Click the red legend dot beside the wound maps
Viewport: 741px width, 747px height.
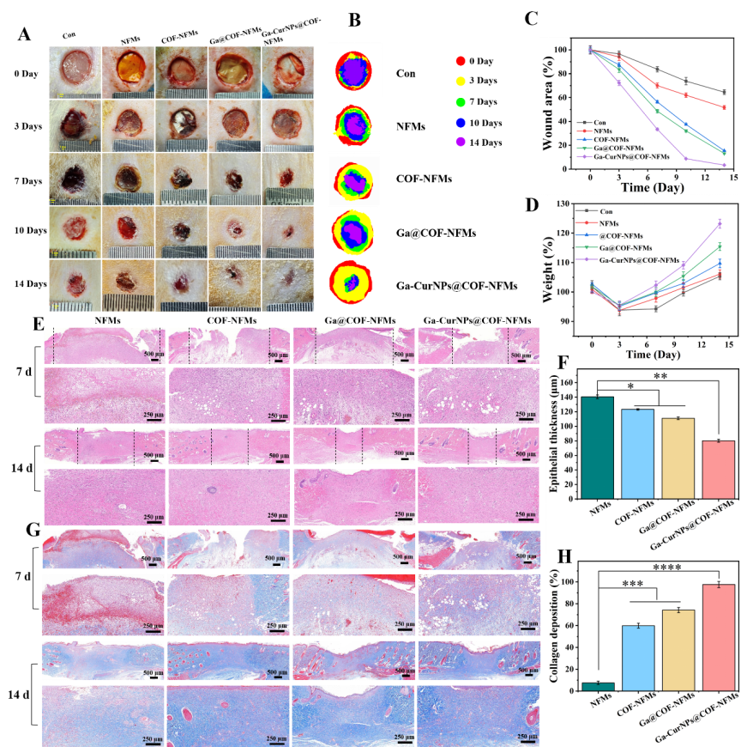click(461, 61)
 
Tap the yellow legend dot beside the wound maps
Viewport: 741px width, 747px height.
click(461, 82)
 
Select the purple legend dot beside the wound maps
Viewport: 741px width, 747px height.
click(461, 142)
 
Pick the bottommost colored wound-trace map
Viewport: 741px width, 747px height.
click(351, 282)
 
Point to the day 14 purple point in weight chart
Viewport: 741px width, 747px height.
click(719, 224)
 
